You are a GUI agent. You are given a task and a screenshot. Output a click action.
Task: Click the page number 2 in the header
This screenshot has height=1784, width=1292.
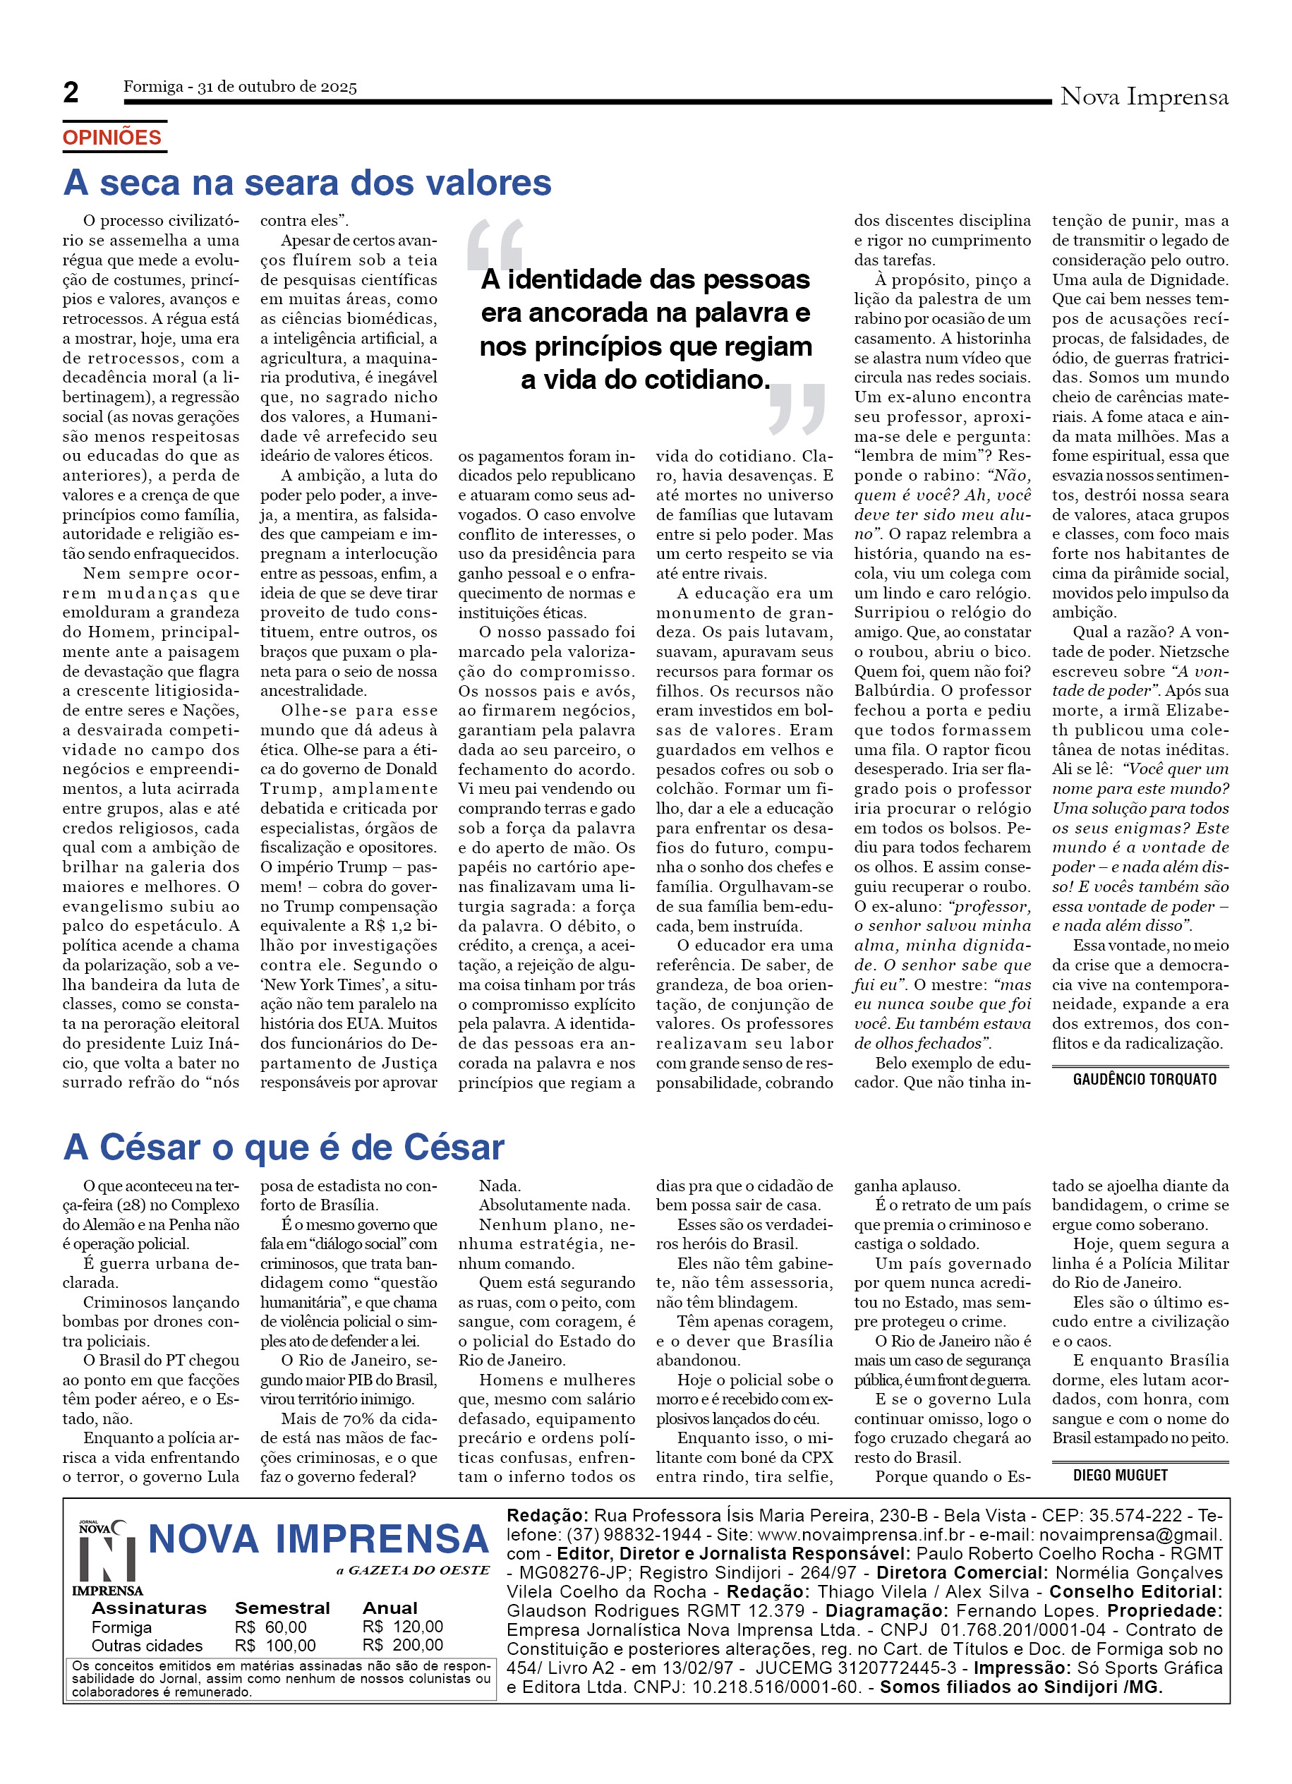71,93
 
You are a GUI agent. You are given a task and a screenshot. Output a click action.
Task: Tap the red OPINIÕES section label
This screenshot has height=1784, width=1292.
111,138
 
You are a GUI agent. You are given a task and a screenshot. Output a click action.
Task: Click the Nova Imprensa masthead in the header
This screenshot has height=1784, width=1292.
1143,97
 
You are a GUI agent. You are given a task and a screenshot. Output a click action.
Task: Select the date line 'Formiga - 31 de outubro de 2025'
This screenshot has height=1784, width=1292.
240,87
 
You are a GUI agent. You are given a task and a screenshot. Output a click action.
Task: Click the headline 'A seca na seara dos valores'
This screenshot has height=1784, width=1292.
307,183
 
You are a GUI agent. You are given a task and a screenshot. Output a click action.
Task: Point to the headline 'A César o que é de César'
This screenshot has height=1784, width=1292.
283,1147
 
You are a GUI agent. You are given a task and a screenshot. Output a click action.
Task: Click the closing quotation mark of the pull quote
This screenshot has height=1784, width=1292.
797,409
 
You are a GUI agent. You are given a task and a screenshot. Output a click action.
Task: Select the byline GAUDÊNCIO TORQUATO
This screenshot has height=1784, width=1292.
1144,1079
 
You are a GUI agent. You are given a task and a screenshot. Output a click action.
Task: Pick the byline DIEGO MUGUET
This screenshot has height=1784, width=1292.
1120,1475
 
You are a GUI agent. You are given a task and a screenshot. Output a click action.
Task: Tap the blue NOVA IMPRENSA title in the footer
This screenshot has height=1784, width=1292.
318,1539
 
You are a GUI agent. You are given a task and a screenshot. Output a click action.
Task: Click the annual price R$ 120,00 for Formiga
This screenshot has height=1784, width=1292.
403,1626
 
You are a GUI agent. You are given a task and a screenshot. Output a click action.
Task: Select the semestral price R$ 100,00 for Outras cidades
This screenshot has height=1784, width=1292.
275,1645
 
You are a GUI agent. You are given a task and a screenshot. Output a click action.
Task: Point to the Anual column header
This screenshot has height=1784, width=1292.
390,1608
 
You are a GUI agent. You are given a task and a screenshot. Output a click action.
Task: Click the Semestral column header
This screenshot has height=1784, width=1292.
282,1608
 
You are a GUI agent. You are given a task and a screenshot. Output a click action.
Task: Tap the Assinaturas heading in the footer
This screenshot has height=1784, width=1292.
149,1608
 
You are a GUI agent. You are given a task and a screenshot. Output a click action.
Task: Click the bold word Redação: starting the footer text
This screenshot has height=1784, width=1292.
547,1515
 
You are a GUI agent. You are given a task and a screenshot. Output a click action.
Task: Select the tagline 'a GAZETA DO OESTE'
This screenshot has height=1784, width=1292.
413,1570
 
